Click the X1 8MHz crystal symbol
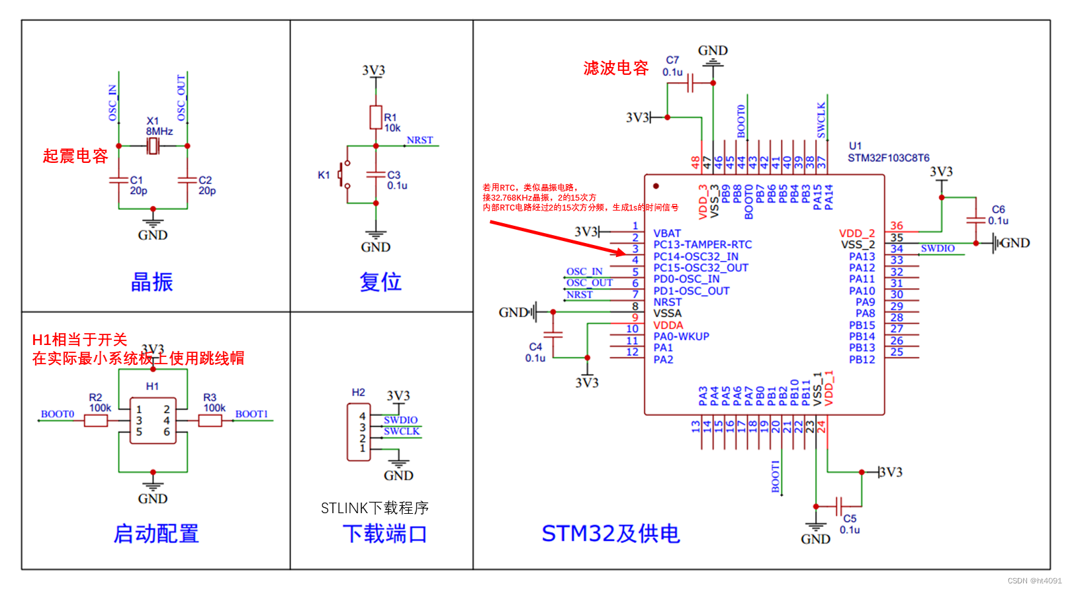coord(153,146)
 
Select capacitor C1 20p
coord(119,180)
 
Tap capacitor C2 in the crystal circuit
coord(187,180)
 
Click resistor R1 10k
coord(376,117)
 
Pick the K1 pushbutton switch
coord(343,175)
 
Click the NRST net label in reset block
coord(420,140)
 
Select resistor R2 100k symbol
coord(96,420)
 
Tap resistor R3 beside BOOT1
coord(210,420)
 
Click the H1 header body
coord(153,420)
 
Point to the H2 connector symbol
coord(359,432)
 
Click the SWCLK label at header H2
coord(402,432)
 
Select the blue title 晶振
coord(152,282)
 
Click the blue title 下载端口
coord(384,534)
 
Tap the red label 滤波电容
coord(615,68)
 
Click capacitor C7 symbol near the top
coord(690,83)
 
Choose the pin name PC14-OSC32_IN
coord(695,256)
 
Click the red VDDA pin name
coord(668,325)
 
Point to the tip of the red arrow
coord(624,253)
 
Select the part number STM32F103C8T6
coord(888,158)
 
